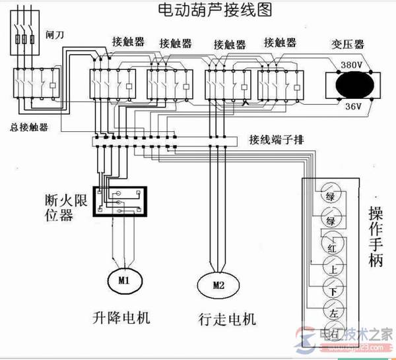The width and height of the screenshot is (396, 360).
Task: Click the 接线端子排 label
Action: point(276,140)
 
